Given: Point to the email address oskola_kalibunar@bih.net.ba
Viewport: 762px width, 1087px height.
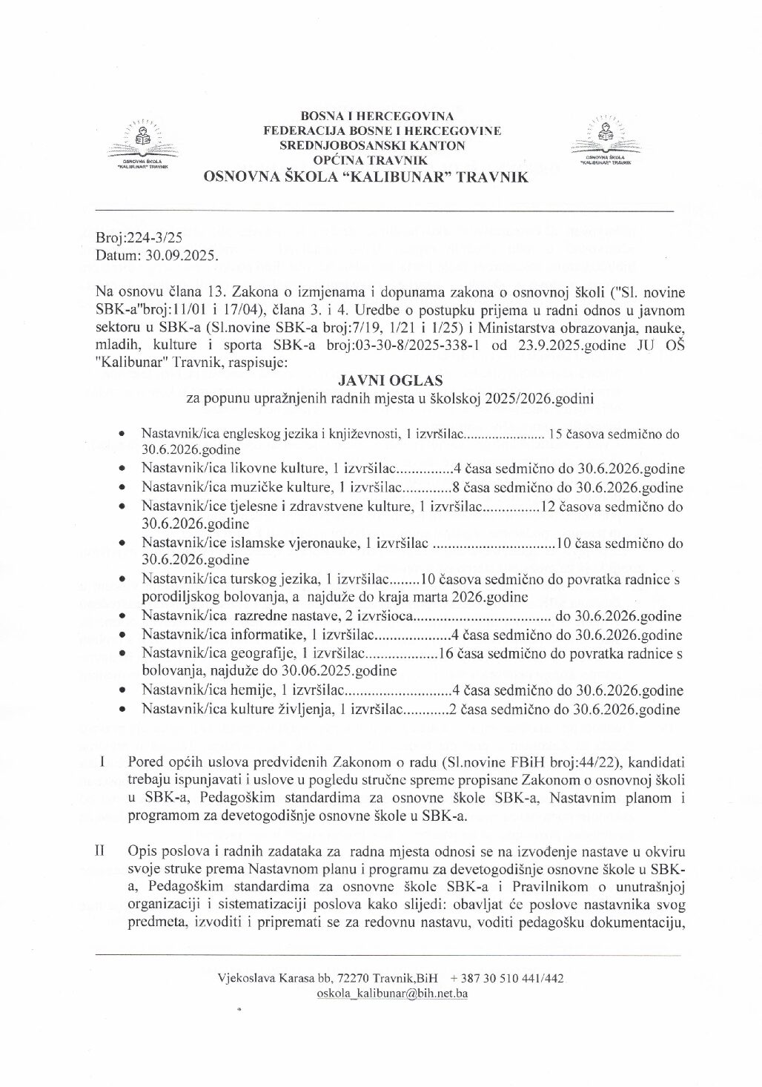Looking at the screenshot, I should [x=391, y=994].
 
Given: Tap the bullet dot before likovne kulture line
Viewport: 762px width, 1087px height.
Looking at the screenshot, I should [x=122, y=469].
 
